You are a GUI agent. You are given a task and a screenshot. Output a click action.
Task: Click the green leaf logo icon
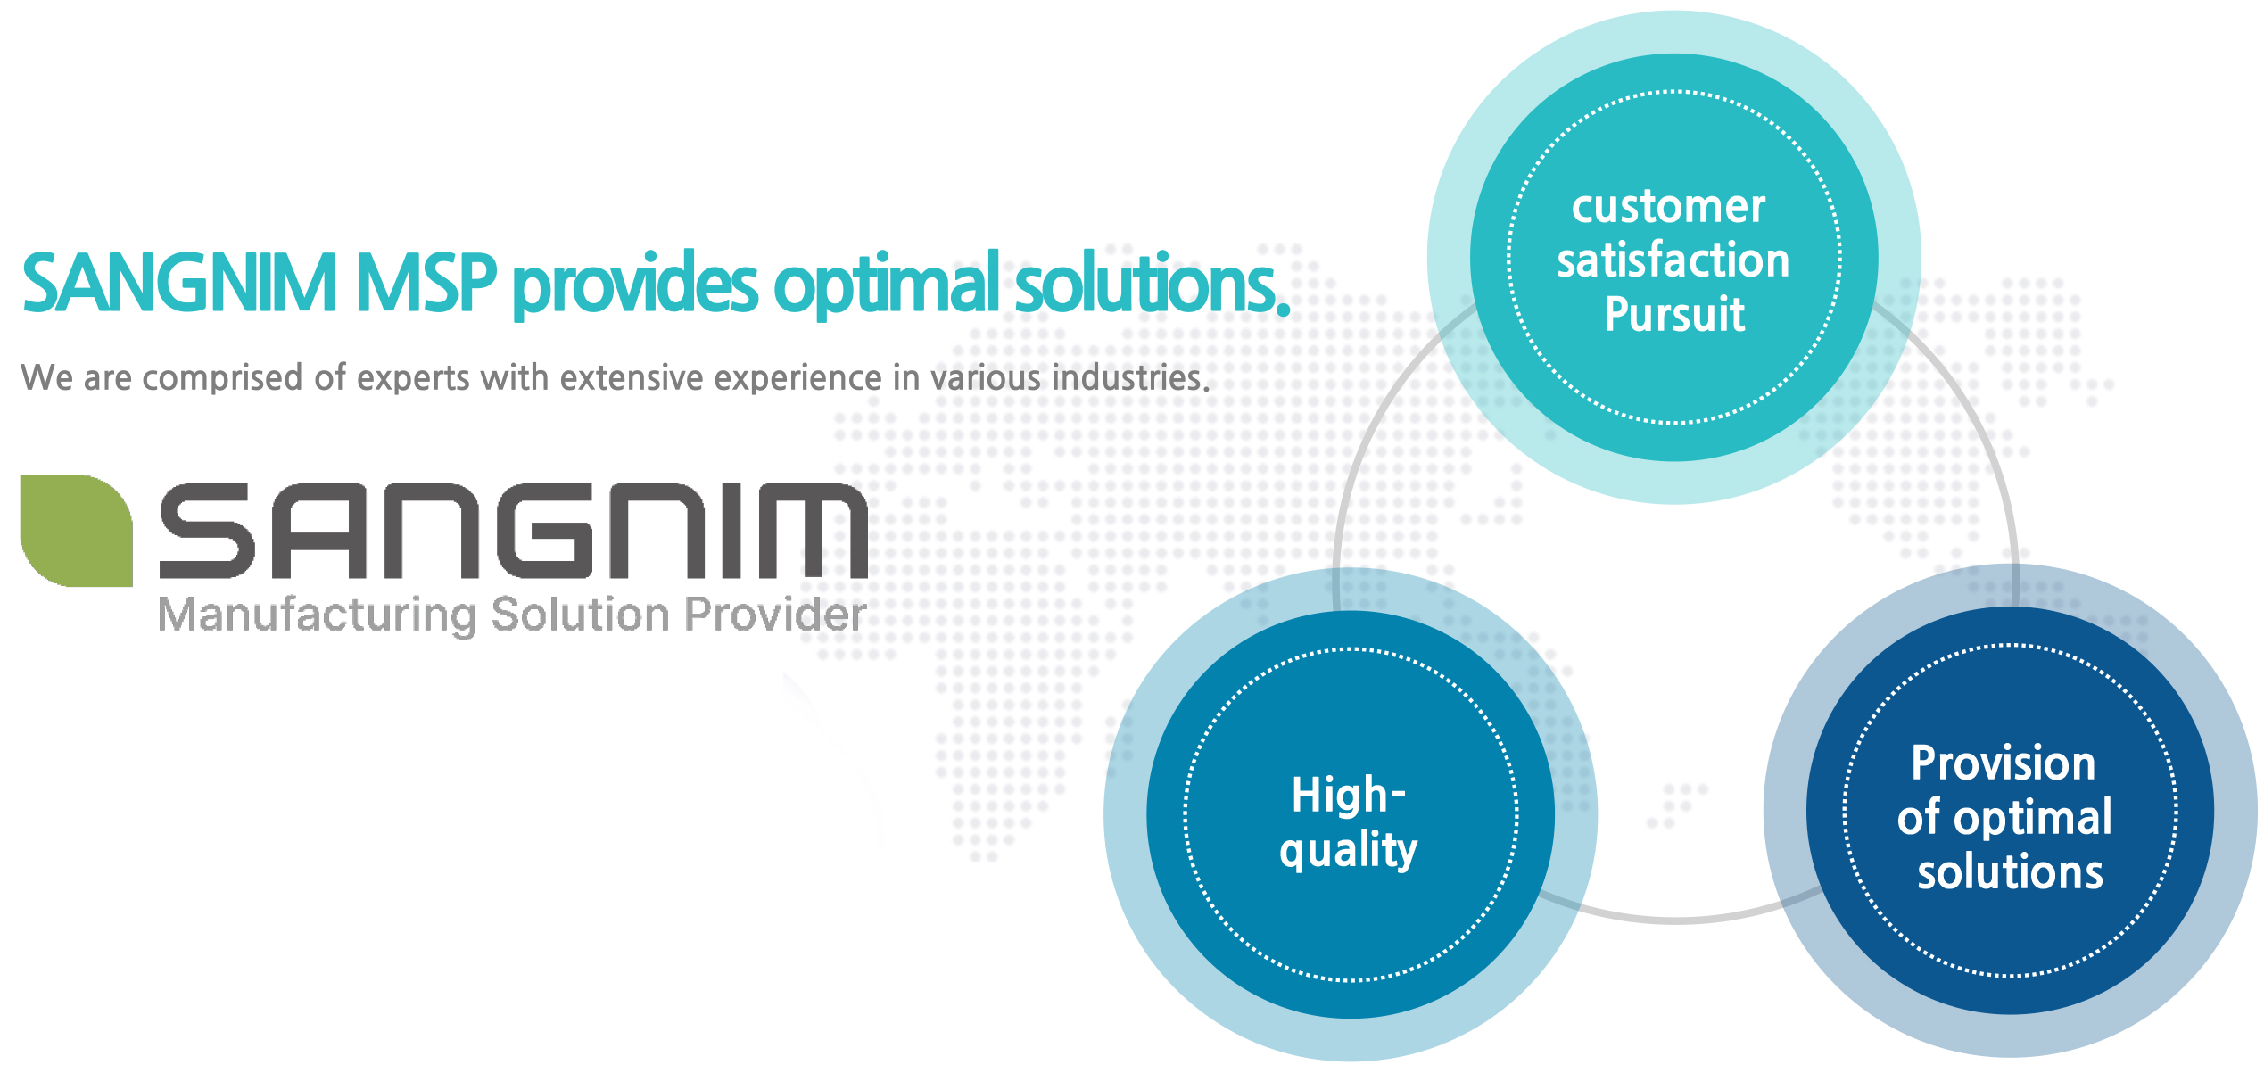(77, 531)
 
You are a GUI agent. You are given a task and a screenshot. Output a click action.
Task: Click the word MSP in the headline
(426, 284)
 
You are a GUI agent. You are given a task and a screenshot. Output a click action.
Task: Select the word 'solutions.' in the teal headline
(1153, 283)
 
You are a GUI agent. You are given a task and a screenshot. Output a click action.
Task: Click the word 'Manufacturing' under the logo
(318, 615)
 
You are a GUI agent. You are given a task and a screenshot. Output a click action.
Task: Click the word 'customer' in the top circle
(1668, 207)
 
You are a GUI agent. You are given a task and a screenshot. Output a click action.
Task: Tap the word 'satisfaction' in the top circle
(1673, 260)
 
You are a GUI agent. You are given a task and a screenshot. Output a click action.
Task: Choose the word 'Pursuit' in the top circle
(1674, 314)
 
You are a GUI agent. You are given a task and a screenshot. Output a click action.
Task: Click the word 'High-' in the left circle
(1349, 795)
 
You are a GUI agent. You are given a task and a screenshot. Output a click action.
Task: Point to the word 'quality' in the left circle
(1349, 849)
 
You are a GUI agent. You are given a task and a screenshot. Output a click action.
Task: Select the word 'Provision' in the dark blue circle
(2004, 763)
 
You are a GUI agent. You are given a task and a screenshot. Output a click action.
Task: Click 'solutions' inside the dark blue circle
(2011, 871)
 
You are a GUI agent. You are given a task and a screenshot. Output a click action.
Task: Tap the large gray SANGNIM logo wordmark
(513, 531)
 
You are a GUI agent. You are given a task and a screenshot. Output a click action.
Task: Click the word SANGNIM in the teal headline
(179, 284)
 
